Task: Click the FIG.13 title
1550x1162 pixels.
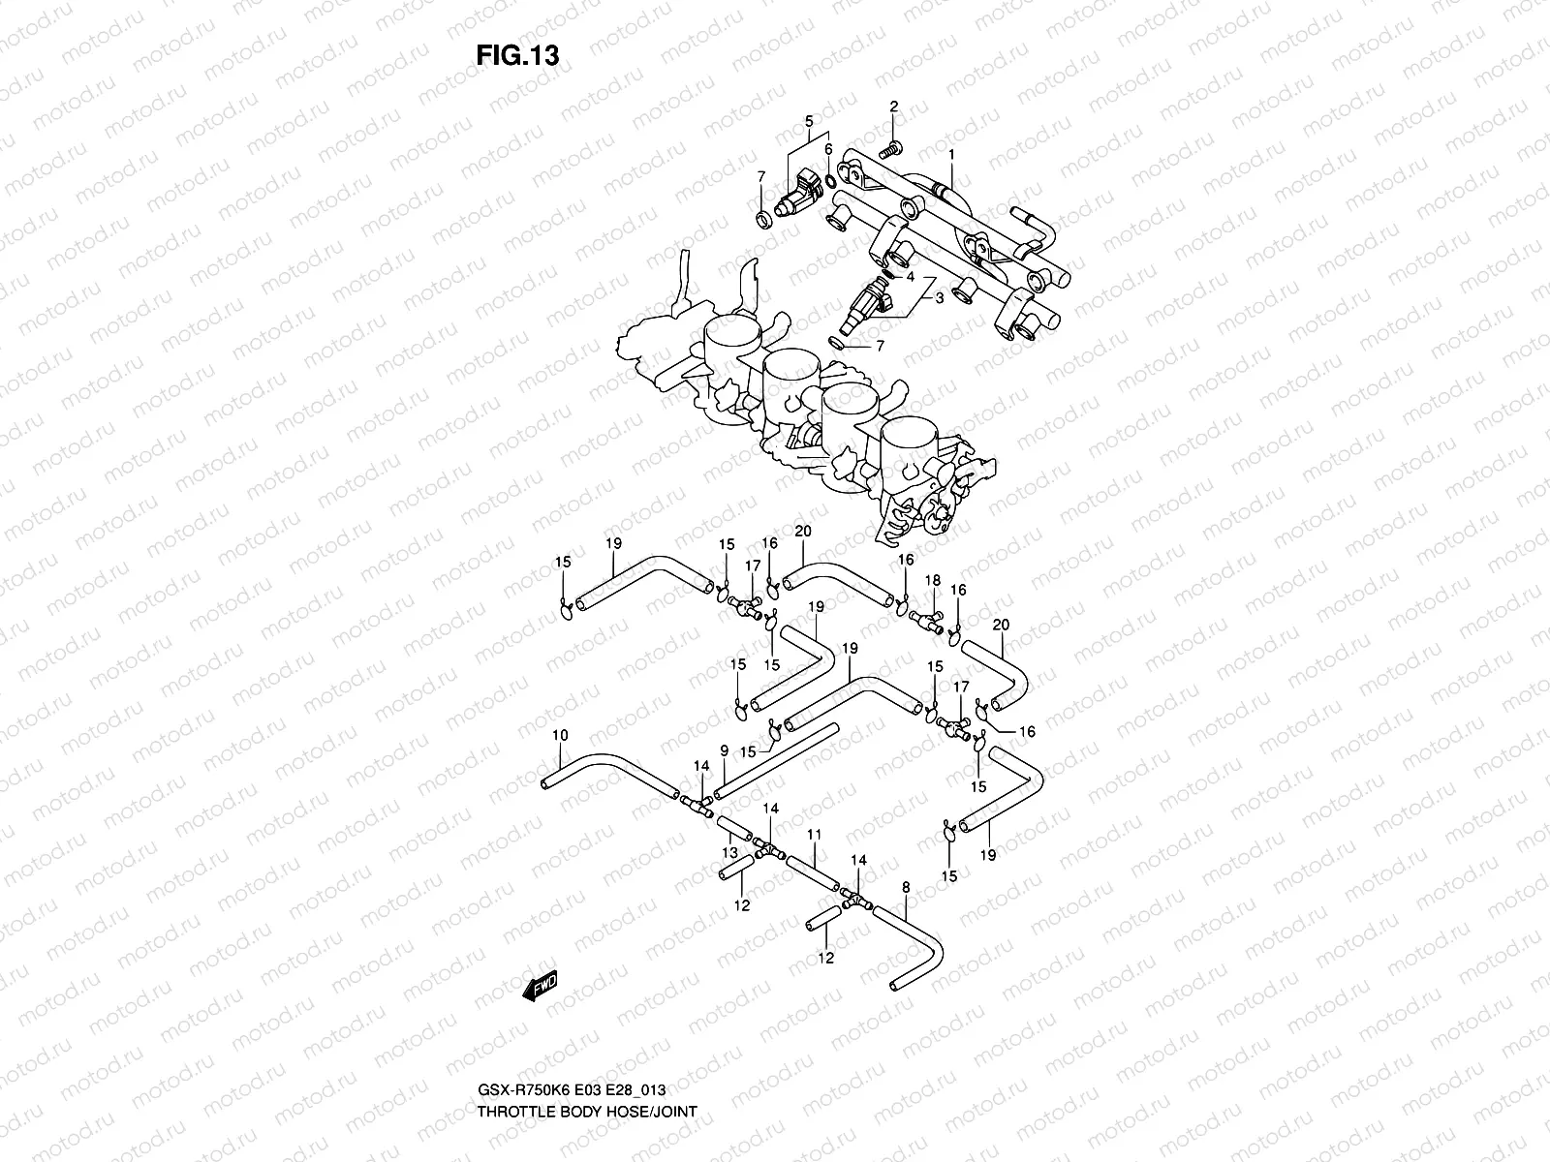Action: click(517, 55)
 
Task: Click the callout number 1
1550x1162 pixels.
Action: click(951, 155)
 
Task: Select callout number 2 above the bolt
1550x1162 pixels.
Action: click(894, 107)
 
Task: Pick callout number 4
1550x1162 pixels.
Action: click(910, 276)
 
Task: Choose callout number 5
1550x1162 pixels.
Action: click(808, 121)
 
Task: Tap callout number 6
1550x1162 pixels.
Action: click(828, 149)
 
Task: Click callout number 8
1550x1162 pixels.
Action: click(906, 886)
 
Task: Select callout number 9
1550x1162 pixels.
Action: click(724, 750)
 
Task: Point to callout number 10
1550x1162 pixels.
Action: click(560, 736)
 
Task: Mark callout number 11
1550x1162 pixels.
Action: click(814, 833)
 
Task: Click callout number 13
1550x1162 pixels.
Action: click(729, 852)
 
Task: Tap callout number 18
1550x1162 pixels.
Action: click(933, 580)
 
